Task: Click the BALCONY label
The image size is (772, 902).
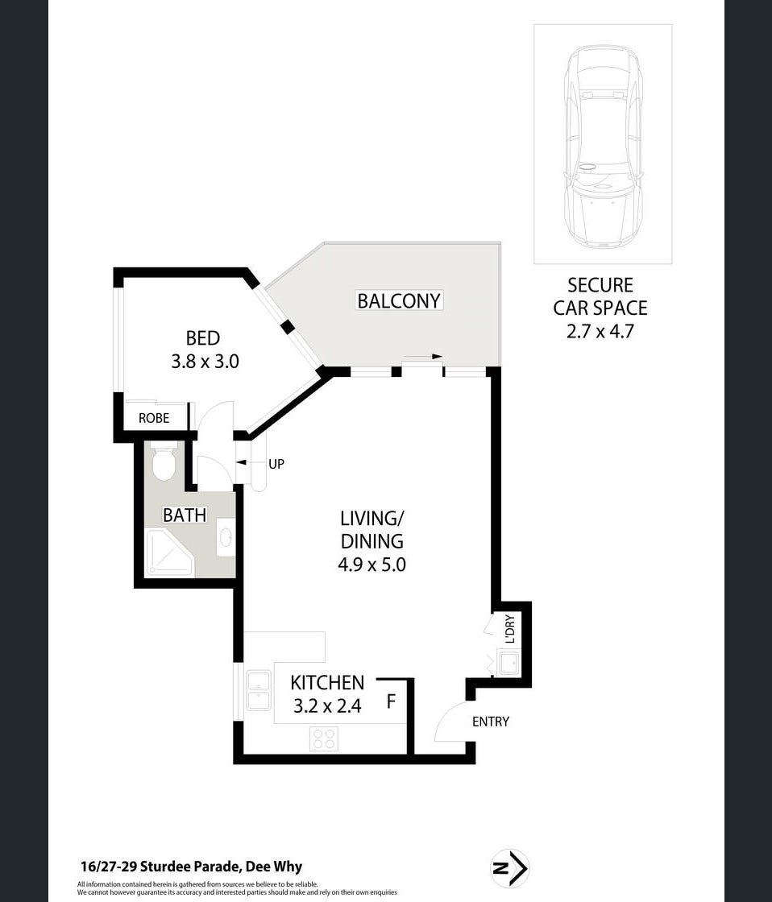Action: pyautogui.click(x=399, y=301)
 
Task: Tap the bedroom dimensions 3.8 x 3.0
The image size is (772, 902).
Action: pyautogui.click(x=205, y=362)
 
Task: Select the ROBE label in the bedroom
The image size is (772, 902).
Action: pyautogui.click(x=154, y=418)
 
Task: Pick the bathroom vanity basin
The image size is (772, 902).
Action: pyautogui.click(x=226, y=537)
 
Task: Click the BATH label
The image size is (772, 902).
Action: pyautogui.click(x=185, y=515)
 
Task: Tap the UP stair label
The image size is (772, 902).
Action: pyautogui.click(x=276, y=464)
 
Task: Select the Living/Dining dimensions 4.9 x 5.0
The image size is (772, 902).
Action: pyautogui.click(x=371, y=565)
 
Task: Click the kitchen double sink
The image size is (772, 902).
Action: pyautogui.click(x=259, y=690)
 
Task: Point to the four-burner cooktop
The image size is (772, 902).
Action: pyautogui.click(x=323, y=739)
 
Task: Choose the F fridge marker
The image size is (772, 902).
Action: pyautogui.click(x=391, y=701)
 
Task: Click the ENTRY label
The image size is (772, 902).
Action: pyautogui.click(x=491, y=722)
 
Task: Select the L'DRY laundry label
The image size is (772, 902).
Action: pyautogui.click(x=509, y=629)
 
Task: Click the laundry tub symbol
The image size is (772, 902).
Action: pyautogui.click(x=509, y=664)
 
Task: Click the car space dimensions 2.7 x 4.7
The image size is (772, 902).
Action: pyautogui.click(x=600, y=332)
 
